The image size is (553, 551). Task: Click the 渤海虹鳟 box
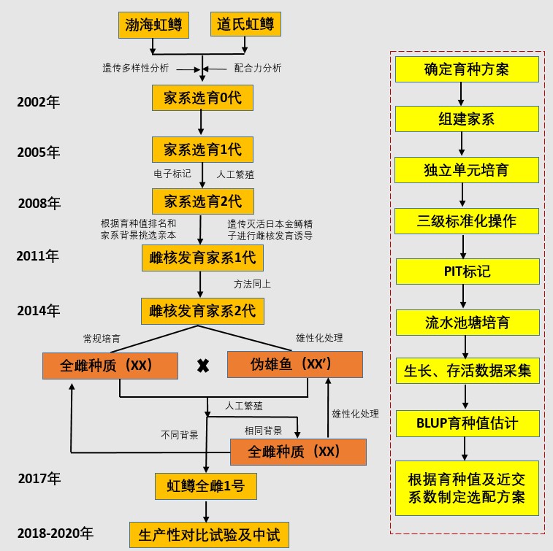pyautogui.click(x=153, y=26)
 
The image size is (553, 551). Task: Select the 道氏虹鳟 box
pyautogui.click(x=245, y=26)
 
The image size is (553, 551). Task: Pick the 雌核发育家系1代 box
pyautogui.click(x=202, y=258)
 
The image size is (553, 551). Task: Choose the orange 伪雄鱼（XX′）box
pyautogui.click(x=295, y=365)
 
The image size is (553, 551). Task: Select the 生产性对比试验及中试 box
pyautogui.click(x=208, y=535)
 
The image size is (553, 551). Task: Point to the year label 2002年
pyautogui.click(x=38, y=102)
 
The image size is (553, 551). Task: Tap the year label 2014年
pyautogui.click(x=38, y=311)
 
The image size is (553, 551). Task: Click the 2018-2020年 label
pyautogui.click(x=56, y=533)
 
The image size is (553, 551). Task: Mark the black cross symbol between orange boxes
pyautogui.click(x=203, y=366)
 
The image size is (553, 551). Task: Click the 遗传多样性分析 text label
pyautogui.click(x=136, y=69)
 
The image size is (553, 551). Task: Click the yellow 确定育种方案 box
pyautogui.click(x=467, y=70)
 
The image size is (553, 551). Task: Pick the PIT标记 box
pyautogui.click(x=467, y=271)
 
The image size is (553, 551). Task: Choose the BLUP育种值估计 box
pyautogui.click(x=467, y=423)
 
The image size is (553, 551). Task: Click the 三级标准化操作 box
pyautogui.click(x=467, y=221)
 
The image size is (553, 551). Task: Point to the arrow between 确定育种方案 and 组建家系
pyautogui.click(x=462, y=94)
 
